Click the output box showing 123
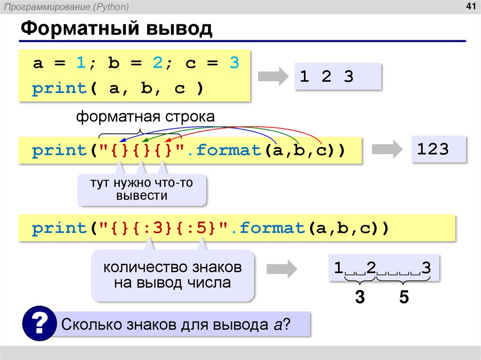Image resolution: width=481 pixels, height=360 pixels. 439,149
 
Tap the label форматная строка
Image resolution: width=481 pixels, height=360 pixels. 146,117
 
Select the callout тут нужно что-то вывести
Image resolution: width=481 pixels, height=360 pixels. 142,190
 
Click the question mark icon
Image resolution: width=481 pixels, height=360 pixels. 39,323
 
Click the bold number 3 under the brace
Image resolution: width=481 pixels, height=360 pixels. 360,298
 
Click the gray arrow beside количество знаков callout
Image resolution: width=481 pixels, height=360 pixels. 281,269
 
